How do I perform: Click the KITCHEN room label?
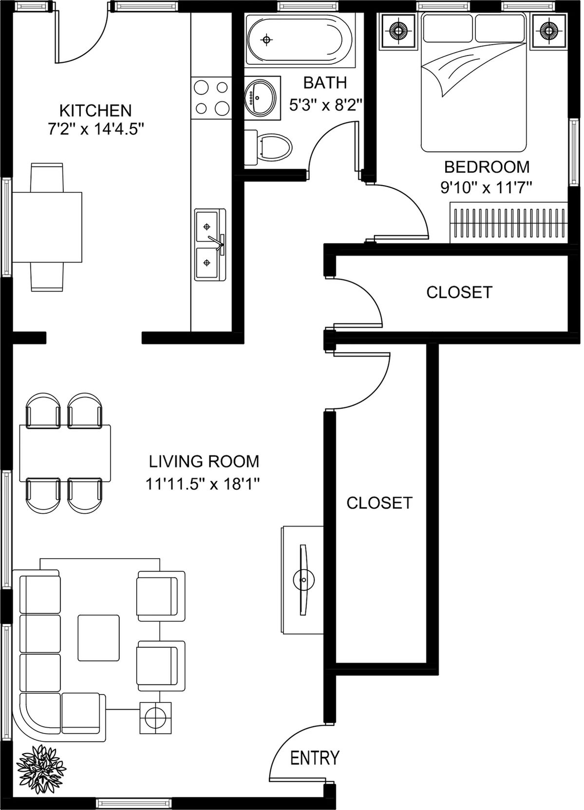[95, 110]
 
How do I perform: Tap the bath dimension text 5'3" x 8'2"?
[325, 106]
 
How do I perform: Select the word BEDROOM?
[487, 167]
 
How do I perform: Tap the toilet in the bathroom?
[268, 148]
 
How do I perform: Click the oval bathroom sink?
[261, 97]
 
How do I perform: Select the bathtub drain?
[266, 39]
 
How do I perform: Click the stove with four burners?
[211, 98]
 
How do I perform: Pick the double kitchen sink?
[210, 245]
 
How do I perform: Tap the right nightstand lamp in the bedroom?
[549, 30]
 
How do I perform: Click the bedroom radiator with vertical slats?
[509, 223]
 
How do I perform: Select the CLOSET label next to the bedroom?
[459, 293]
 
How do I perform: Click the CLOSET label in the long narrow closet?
[379, 503]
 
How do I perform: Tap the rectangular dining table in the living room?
[65, 453]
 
